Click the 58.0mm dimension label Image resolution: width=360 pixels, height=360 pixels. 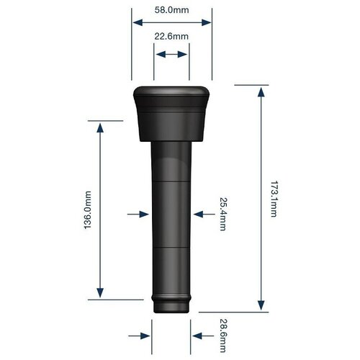click(x=171, y=10)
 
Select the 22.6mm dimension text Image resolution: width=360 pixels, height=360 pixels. click(x=171, y=37)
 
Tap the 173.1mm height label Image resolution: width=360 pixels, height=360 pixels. click(x=274, y=199)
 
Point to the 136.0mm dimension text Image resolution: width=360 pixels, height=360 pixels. click(x=88, y=210)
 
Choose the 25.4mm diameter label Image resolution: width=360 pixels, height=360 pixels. click(x=223, y=214)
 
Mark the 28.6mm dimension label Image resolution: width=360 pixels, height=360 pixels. click(x=223, y=336)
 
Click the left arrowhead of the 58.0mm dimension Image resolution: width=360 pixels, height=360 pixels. click(x=138, y=22)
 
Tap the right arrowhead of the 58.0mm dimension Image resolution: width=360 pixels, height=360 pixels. click(x=207, y=22)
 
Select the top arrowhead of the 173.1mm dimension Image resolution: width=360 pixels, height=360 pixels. click(x=261, y=92)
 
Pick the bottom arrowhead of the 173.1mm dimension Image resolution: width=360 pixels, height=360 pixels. click(x=261, y=305)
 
